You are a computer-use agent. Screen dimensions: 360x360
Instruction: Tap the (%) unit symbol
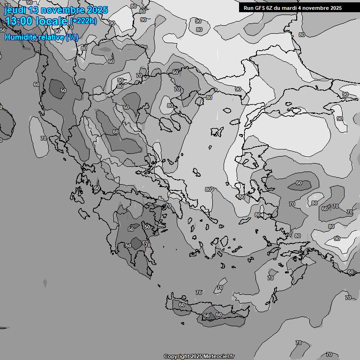tap(72, 37)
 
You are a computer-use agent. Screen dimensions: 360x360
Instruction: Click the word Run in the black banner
tap(249, 8)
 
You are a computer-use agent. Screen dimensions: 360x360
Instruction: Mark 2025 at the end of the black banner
tap(334, 8)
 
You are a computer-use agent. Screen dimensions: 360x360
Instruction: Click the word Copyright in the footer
tap(176, 356)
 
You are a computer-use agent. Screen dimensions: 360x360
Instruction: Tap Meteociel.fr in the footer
tap(219, 356)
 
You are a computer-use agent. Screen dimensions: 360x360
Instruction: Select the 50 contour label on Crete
tap(207, 316)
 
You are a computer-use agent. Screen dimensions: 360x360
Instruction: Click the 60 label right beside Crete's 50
tap(218, 315)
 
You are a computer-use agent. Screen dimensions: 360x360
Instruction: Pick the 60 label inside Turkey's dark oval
tap(299, 183)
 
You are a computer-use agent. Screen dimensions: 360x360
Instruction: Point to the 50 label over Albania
tap(63, 90)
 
